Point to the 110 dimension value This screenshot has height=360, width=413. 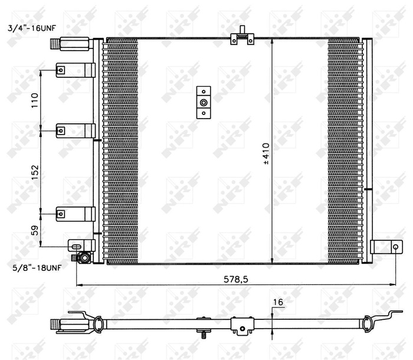[35, 100]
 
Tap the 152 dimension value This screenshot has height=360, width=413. [35, 171]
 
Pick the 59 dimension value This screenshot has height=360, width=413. [35, 230]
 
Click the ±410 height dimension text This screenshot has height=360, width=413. [265, 152]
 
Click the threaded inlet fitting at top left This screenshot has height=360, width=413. [62, 42]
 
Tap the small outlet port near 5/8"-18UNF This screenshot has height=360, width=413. [83, 257]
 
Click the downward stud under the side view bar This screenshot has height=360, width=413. [204, 335]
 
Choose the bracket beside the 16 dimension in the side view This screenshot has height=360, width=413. [241, 325]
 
